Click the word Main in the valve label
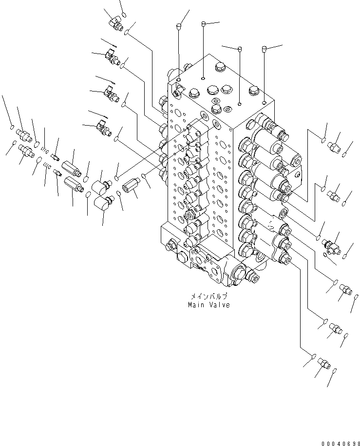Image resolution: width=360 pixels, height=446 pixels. (x=196, y=305)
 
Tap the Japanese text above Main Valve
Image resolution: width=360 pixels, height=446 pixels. (x=209, y=296)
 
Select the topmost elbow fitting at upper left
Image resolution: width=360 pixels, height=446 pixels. (x=116, y=21)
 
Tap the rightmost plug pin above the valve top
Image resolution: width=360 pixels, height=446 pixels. (x=265, y=49)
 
